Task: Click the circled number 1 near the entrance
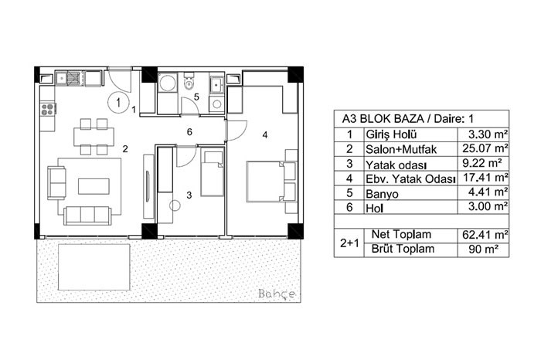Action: [118, 102]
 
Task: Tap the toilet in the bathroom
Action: [189, 81]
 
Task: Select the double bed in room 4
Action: [271, 182]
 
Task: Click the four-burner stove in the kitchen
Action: [47, 109]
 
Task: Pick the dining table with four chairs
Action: [94, 137]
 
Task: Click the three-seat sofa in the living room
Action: [87, 216]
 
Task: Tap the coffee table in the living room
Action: [94, 186]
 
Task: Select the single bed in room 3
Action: [213, 174]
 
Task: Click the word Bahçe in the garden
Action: [277, 294]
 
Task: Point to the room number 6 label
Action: [189, 132]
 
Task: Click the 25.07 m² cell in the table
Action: [483, 148]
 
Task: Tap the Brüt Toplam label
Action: [403, 249]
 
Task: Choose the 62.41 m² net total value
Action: [485, 235]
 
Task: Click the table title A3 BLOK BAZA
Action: [383, 119]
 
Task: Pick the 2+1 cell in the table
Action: [349, 243]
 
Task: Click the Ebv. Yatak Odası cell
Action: [410, 178]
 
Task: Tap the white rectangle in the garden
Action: [94, 267]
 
